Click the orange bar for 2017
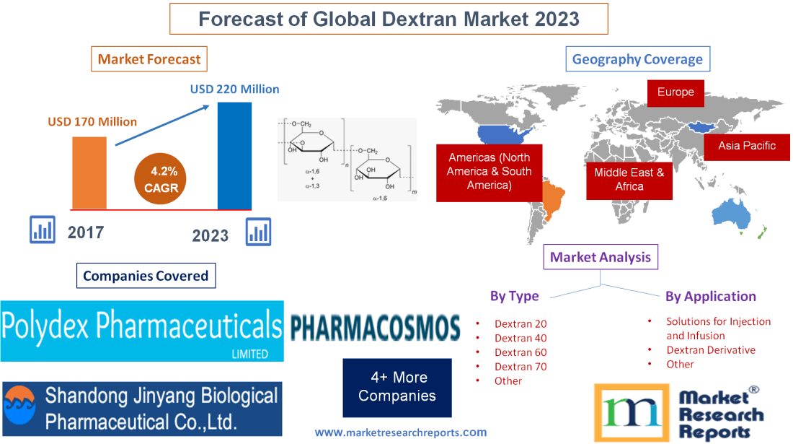89,172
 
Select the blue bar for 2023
234,155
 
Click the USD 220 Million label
234,90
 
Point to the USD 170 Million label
92,121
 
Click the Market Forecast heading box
149,59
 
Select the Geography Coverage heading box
637,59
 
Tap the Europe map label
675,92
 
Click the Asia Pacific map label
747,146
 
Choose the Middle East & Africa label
629,180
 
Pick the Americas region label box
489,172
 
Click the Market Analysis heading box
600,257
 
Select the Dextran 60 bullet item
520,352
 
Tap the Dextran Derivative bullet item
710,350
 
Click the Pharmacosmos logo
375,327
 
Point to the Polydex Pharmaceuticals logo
142,331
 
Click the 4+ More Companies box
397,386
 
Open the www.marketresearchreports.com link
400,432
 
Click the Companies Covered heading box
145,276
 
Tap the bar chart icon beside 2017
43,230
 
